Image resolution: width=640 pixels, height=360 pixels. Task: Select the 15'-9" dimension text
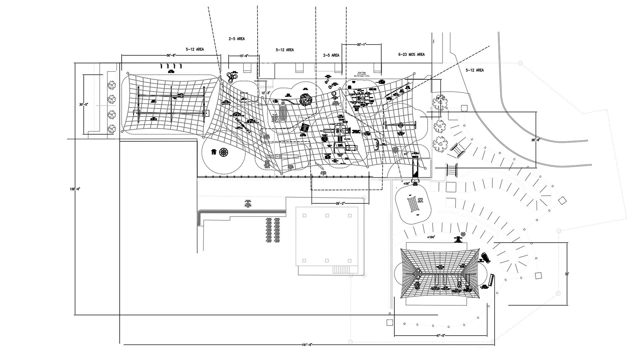click(243, 56)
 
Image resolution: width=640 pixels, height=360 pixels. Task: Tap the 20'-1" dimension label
click(361, 44)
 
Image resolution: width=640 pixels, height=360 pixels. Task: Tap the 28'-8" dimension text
click(536, 140)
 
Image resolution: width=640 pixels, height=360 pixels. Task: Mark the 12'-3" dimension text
click(266, 93)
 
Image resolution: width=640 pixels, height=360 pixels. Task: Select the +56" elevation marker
click(406, 184)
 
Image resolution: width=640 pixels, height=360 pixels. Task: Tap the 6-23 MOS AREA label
click(411, 54)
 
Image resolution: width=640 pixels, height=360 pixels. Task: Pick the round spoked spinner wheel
click(224, 152)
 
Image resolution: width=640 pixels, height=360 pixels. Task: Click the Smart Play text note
click(364, 74)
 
